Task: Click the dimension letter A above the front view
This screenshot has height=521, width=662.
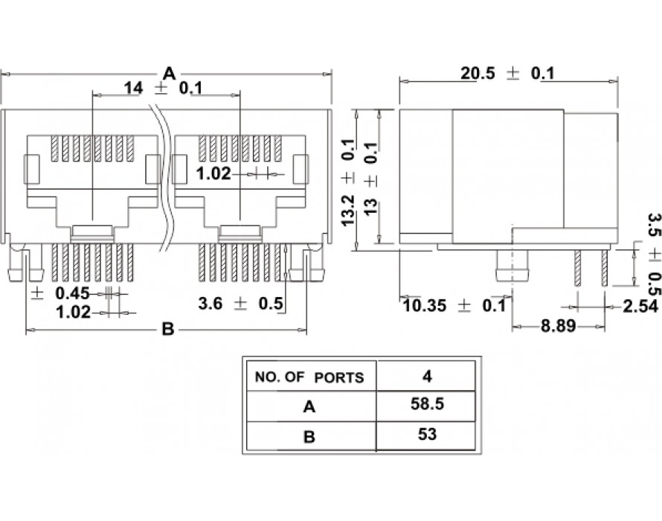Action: point(169,73)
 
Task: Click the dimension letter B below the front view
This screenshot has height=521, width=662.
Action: point(168,328)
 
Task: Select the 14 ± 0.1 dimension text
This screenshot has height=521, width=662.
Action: point(163,89)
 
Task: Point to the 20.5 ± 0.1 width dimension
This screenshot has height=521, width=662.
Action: point(507,74)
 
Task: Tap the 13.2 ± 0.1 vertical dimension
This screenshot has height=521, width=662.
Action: point(349,182)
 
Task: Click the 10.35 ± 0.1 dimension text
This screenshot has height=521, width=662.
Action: point(454,305)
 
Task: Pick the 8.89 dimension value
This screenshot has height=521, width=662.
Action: point(558,326)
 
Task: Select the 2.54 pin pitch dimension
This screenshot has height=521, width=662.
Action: point(640,307)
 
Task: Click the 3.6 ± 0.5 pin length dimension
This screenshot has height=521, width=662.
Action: point(241,304)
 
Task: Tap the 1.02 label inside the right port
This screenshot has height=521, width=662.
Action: point(213,173)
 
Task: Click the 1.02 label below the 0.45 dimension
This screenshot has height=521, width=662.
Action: point(74,313)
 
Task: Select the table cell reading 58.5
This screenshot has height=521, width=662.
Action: point(427,404)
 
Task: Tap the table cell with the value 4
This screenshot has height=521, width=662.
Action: point(427,376)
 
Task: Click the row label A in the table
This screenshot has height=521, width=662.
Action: point(309,406)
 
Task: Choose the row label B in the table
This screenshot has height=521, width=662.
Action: point(309,436)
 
